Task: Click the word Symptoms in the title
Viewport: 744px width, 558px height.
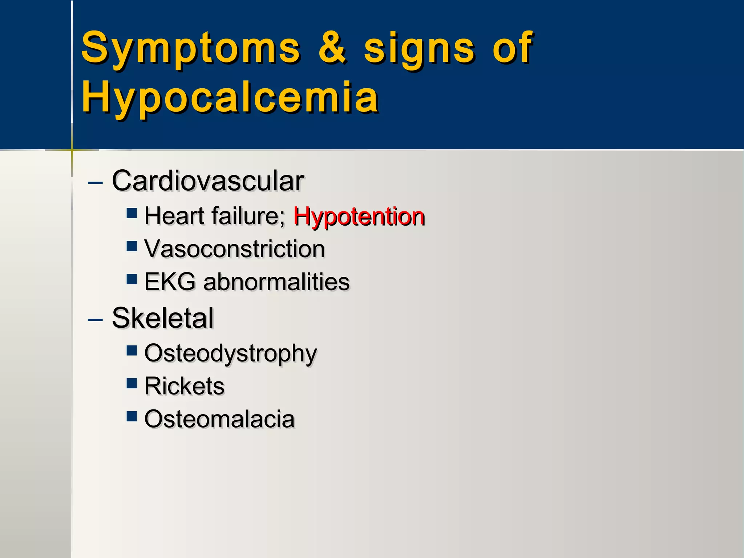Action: pyautogui.click(x=190, y=48)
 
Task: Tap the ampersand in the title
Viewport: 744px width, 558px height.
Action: pyautogui.click(x=332, y=48)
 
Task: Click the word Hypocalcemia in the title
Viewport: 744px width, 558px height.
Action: pyautogui.click(x=230, y=97)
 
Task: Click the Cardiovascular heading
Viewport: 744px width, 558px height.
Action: pyautogui.click(x=207, y=181)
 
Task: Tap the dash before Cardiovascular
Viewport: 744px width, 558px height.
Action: pyautogui.click(x=95, y=181)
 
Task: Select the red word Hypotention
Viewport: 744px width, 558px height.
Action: pyautogui.click(x=359, y=217)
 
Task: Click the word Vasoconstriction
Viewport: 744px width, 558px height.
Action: pyautogui.click(x=234, y=249)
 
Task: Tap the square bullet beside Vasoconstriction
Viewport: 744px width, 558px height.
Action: pyautogui.click(x=132, y=246)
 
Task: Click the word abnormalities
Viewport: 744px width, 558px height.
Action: pyautogui.click(x=276, y=282)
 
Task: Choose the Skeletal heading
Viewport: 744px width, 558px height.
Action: pyautogui.click(x=162, y=318)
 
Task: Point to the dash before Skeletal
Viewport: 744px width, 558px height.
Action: pyautogui.click(x=95, y=319)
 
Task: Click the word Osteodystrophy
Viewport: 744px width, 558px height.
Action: pyautogui.click(x=230, y=353)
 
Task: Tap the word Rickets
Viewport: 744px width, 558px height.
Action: pyautogui.click(x=184, y=386)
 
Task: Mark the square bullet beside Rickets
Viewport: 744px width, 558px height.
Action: pyautogui.click(x=132, y=383)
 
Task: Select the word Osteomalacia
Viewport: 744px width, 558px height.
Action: pyautogui.click(x=219, y=419)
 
